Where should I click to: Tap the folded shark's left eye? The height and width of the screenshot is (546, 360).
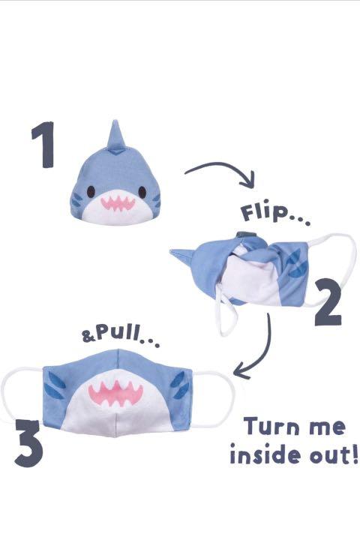click(x=91, y=190)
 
